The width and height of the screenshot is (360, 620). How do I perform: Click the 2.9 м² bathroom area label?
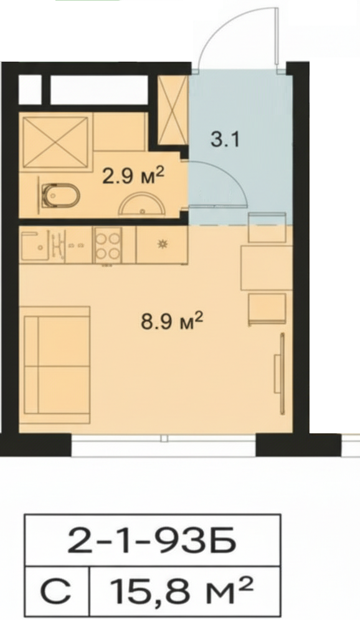tap(133, 176)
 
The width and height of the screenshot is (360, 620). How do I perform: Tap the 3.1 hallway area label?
tap(225, 139)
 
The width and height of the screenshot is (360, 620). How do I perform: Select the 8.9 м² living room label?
tap(172, 321)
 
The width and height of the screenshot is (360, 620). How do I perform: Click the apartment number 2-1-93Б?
tap(152, 540)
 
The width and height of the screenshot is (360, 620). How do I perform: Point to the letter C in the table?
tap(56, 591)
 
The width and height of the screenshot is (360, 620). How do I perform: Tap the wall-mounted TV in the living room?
tap(280, 373)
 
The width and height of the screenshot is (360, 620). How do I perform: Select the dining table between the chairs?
tap(267, 268)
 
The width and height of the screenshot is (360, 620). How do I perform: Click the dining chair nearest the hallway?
tap(267, 227)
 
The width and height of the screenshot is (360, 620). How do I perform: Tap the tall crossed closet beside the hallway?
tap(173, 110)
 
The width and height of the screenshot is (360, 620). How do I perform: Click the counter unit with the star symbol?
tap(161, 245)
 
